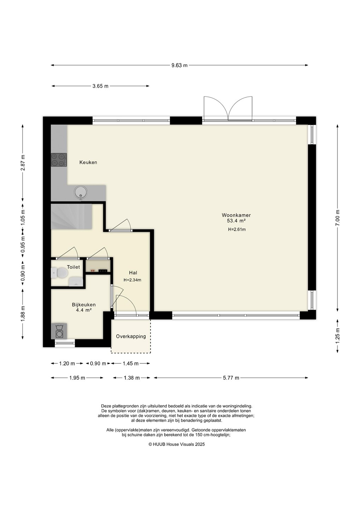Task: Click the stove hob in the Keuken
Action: (x=59, y=160)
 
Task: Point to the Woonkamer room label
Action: (x=236, y=215)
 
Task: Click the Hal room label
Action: (x=133, y=273)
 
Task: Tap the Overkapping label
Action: (x=131, y=337)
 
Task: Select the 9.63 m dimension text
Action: (x=180, y=65)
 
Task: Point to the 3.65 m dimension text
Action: (x=100, y=86)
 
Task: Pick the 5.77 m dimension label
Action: (x=231, y=378)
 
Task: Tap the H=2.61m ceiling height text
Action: (x=237, y=229)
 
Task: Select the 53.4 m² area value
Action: (x=236, y=221)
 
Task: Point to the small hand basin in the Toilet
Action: (x=76, y=282)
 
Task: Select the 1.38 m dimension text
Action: (x=132, y=378)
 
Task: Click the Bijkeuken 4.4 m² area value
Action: (x=84, y=310)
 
